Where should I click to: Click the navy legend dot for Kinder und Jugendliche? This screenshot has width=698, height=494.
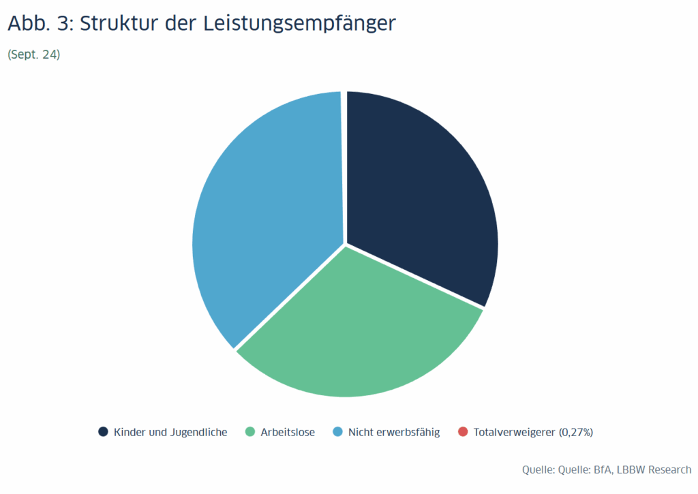click(x=104, y=432)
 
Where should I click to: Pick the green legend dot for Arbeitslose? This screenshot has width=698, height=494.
click(x=250, y=432)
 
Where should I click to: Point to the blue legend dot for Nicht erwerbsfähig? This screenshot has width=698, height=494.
click(x=337, y=432)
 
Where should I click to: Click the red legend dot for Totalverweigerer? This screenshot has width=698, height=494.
click(x=463, y=432)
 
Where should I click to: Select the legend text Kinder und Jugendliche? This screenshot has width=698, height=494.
click(x=170, y=432)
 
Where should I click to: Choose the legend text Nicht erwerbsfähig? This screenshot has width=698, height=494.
click(x=394, y=432)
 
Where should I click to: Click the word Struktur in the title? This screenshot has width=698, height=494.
click(x=121, y=23)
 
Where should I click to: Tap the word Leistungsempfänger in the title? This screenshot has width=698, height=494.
click(x=299, y=23)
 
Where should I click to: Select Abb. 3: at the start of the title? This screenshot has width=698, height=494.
click(x=40, y=23)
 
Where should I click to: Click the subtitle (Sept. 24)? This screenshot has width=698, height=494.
click(x=34, y=55)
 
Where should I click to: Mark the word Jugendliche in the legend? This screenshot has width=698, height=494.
click(x=198, y=432)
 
